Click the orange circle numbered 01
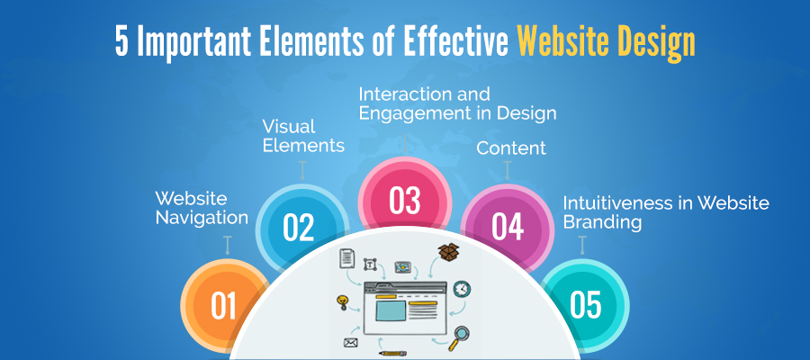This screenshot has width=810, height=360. click(223, 305)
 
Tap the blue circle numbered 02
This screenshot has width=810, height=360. click(300, 228)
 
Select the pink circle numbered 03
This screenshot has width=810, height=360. click(405, 201)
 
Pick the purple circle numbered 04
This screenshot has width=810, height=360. click(508, 228)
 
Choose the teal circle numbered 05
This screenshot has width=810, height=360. click(585, 304)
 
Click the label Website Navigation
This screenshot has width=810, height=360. click(202, 208)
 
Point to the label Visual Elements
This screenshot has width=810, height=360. click(303, 136)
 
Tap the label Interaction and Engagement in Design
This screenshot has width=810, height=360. click(457, 103)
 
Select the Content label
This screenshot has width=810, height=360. click(511, 148)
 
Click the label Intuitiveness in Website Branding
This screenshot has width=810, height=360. click(666, 211)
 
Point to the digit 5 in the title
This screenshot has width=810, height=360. click(121, 42)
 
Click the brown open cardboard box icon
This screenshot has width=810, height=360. click(449, 252)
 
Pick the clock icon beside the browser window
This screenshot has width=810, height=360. click(462, 289)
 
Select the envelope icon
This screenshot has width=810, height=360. click(351, 342)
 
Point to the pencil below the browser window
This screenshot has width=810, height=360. click(392, 354)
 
